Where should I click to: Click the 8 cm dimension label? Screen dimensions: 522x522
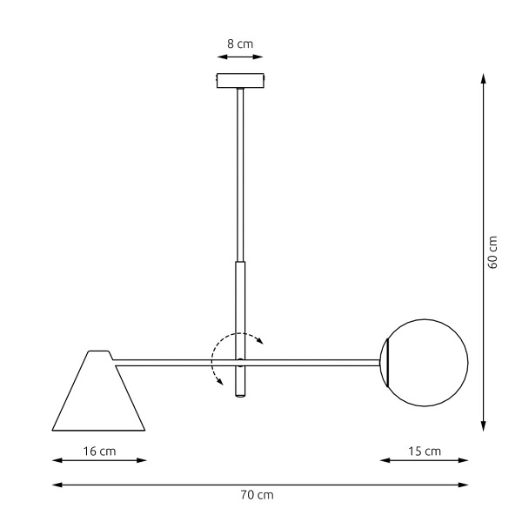pos(239,43)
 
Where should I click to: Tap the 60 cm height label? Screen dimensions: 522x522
pos(492,252)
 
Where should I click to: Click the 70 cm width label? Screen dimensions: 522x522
pos(257,495)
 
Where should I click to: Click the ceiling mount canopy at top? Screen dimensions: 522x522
pos(239,81)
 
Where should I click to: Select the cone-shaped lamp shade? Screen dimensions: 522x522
pos(98,396)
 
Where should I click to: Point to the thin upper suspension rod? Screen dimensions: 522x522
pos(239,174)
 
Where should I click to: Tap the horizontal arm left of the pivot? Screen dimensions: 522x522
pos(174,360)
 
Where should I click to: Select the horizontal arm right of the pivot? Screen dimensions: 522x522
pos(313,360)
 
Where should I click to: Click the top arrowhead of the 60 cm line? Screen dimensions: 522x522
pos(483,78)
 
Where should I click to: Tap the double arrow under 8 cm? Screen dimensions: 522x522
pos(239,58)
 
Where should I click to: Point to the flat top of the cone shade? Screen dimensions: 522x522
pos(99,352)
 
